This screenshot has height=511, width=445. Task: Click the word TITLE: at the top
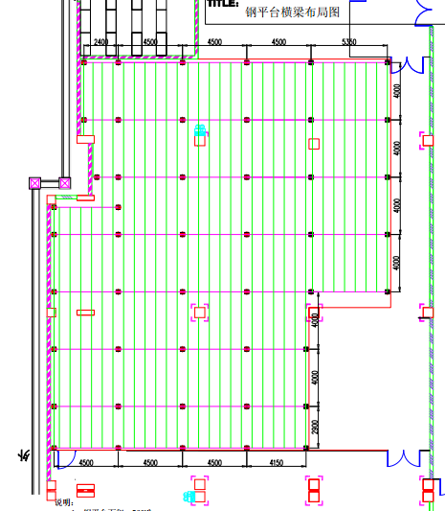[223, 4]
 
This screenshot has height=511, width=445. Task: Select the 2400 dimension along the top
[100, 43]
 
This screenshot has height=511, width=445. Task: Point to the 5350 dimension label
[349, 43]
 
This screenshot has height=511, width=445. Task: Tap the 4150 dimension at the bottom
[277, 463]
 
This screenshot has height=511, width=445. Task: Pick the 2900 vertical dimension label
[315, 427]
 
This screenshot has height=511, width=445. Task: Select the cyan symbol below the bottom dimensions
[189, 496]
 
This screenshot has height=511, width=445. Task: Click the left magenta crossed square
[35, 182]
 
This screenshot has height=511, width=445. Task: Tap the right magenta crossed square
[65, 182]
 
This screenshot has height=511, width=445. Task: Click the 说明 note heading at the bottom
[62, 501]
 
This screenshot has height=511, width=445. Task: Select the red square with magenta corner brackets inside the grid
[199, 312]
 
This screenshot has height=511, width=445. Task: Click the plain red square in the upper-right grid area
[313, 144]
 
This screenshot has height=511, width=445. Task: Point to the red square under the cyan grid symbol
[200, 140]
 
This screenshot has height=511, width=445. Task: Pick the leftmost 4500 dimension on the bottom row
[85, 463]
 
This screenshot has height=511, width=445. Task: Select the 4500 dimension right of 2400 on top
[150, 43]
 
